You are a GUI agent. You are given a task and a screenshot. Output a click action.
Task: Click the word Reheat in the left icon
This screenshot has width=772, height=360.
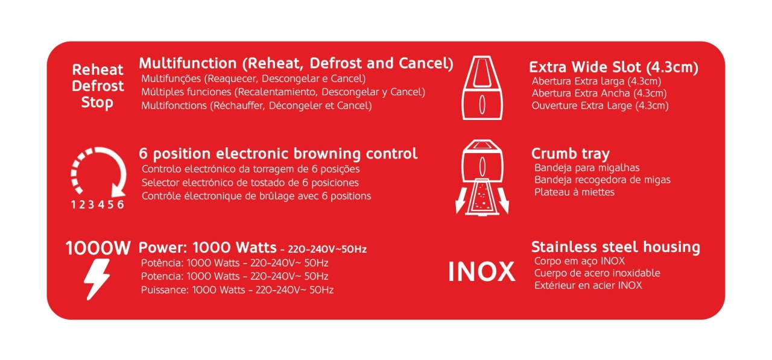click(x=98, y=70)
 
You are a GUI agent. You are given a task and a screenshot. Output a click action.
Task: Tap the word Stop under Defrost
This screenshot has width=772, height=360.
click(x=97, y=103)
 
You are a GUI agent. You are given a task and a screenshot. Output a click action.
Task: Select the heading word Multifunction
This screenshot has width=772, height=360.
click(x=188, y=63)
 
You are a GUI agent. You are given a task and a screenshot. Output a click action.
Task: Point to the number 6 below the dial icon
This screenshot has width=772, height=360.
click(x=120, y=204)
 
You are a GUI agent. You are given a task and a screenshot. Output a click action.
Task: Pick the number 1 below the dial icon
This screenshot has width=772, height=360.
click(x=74, y=204)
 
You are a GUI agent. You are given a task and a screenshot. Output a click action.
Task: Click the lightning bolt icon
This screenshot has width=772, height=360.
click(x=97, y=279)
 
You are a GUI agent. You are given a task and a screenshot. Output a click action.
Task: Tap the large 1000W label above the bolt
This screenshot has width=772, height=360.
click(x=98, y=248)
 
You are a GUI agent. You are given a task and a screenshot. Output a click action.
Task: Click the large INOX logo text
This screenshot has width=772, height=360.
click(x=481, y=272)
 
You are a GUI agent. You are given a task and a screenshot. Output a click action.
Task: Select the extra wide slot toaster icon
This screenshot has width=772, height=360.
click(x=482, y=87)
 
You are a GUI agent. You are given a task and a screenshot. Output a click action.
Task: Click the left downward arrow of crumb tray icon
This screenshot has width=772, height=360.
click(x=461, y=200)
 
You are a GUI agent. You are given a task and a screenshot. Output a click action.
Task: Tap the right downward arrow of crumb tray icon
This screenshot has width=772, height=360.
click(x=503, y=200)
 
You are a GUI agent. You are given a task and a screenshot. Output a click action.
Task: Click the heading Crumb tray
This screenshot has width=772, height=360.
click(x=571, y=154)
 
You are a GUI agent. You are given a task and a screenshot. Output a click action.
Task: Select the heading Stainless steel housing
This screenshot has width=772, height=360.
click(x=616, y=247)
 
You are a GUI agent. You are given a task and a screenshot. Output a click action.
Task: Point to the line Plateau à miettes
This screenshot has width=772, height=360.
click(x=574, y=192)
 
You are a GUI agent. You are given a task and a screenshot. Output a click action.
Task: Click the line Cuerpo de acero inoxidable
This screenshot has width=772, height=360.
click(x=597, y=273)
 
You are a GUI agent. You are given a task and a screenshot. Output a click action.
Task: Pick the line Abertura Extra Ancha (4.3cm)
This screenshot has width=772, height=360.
click(x=599, y=93)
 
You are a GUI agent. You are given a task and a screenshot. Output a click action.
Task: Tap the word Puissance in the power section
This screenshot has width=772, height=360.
click(x=165, y=289)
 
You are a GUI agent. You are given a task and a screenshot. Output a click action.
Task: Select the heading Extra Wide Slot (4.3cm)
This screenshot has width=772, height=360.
click(x=614, y=68)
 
